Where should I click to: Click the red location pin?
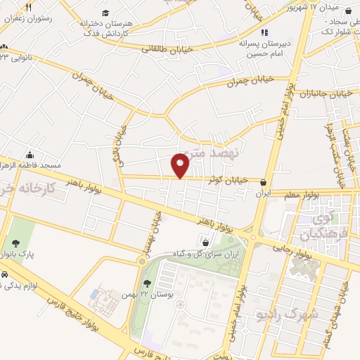181,165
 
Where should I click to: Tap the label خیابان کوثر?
228,181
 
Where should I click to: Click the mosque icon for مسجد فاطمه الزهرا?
30,155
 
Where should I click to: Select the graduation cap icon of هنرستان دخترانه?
105,13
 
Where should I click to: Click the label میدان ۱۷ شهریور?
321,8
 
